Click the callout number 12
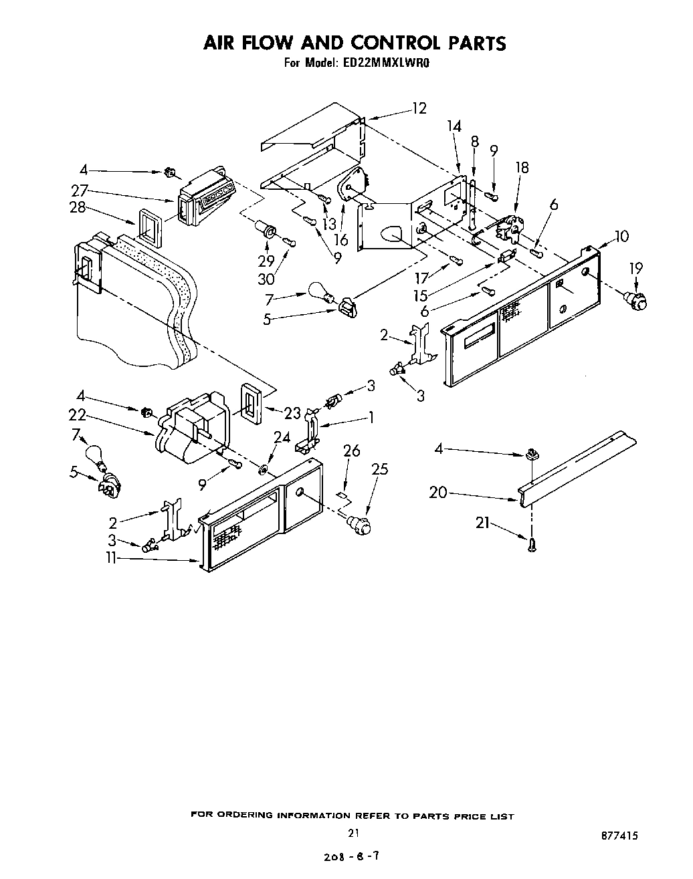(419, 108)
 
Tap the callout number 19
(635, 269)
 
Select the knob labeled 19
(633, 300)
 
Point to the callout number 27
(80, 189)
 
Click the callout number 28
(78, 207)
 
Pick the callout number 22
(78, 415)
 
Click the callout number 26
(352, 452)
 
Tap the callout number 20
(438, 493)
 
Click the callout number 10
(621, 236)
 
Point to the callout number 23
(292, 414)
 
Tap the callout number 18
(522, 168)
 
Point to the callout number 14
(454, 126)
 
